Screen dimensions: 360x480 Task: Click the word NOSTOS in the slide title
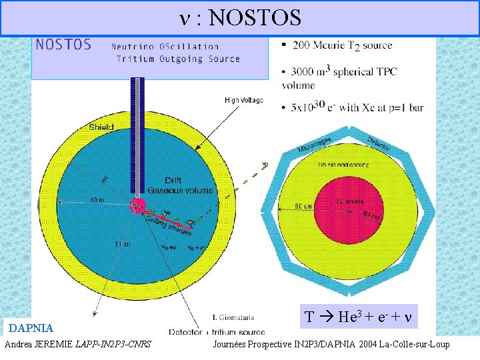pyautogui.click(x=255, y=18)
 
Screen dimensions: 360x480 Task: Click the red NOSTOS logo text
pyautogui.click(x=63, y=45)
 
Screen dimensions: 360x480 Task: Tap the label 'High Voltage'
pyautogui.click(x=244, y=101)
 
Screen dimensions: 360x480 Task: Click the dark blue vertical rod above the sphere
pyautogui.click(x=137, y=133)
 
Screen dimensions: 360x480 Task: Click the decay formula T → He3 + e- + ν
pyautogui.click(x=359, y=317)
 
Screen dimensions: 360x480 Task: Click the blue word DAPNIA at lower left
pyautogui.click(x=31, y=328)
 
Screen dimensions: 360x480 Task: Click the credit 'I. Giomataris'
pyautogui.click(x=232, y=317)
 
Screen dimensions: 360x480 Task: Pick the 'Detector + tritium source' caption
pyautogui.click(x=216, y=331)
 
